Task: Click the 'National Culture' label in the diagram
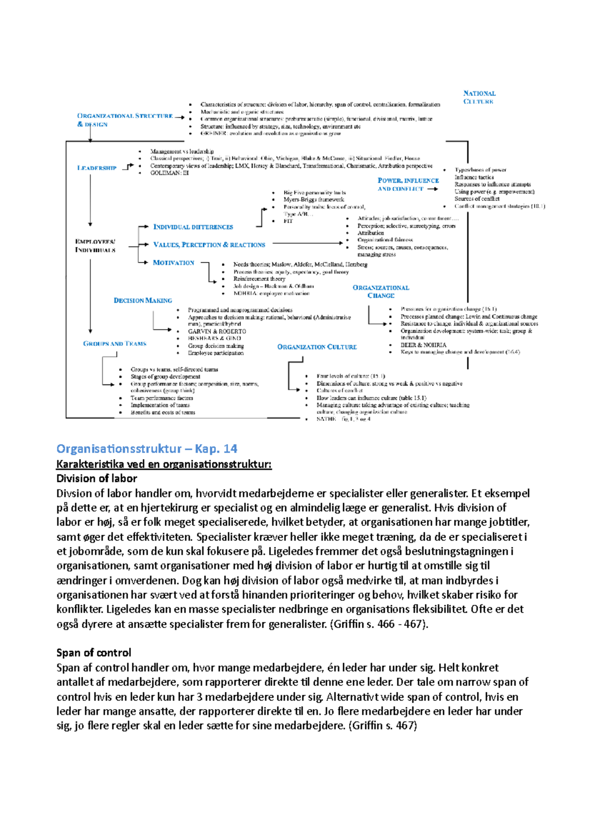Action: (479, 97)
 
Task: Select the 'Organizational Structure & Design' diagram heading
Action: (125, 120)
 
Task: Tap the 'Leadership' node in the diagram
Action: (97, 168)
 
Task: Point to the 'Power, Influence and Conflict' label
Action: (408, 184)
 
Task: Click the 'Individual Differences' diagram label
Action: (193, 227)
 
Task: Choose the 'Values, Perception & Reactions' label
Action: (209, 245)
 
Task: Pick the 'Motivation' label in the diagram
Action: (174, 263)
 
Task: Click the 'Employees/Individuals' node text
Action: (95, 246)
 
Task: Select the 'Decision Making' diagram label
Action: (143, 300)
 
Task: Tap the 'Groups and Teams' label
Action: (115, 344)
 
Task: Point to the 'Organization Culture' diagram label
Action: (317, 347)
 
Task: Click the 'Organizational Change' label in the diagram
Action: (381, 292)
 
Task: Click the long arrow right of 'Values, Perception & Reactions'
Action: (307, 243)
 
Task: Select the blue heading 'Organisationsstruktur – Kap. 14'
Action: (147, 448)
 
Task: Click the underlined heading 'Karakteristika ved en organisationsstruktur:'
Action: (164, 464)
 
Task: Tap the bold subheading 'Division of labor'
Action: (96, 478)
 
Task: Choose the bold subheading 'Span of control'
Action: (93, 653)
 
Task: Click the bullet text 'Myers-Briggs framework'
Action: (314, 200)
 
